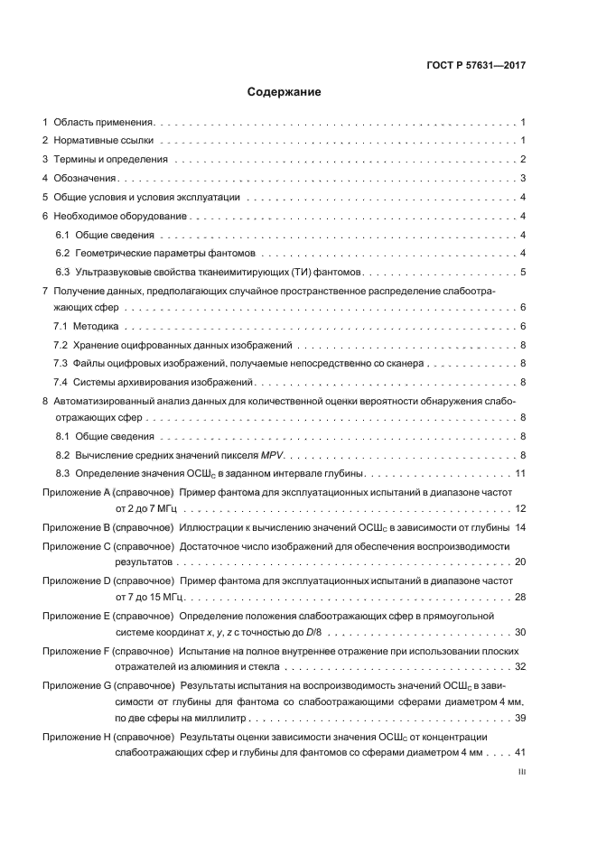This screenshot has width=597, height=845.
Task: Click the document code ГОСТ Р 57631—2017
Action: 476,65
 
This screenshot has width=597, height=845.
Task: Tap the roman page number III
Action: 521,773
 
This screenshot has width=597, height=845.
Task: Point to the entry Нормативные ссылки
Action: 104,141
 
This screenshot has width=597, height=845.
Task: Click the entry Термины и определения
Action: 111,160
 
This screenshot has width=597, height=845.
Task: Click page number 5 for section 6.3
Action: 523,272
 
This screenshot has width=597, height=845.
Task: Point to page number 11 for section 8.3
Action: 520,473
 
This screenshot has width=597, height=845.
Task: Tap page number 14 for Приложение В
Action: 520,526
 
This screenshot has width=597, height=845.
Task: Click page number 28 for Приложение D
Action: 520,598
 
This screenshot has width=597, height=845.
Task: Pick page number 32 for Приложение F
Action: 520,667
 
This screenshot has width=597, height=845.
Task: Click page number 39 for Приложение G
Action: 520,719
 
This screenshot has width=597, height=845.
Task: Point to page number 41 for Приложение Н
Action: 520,753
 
